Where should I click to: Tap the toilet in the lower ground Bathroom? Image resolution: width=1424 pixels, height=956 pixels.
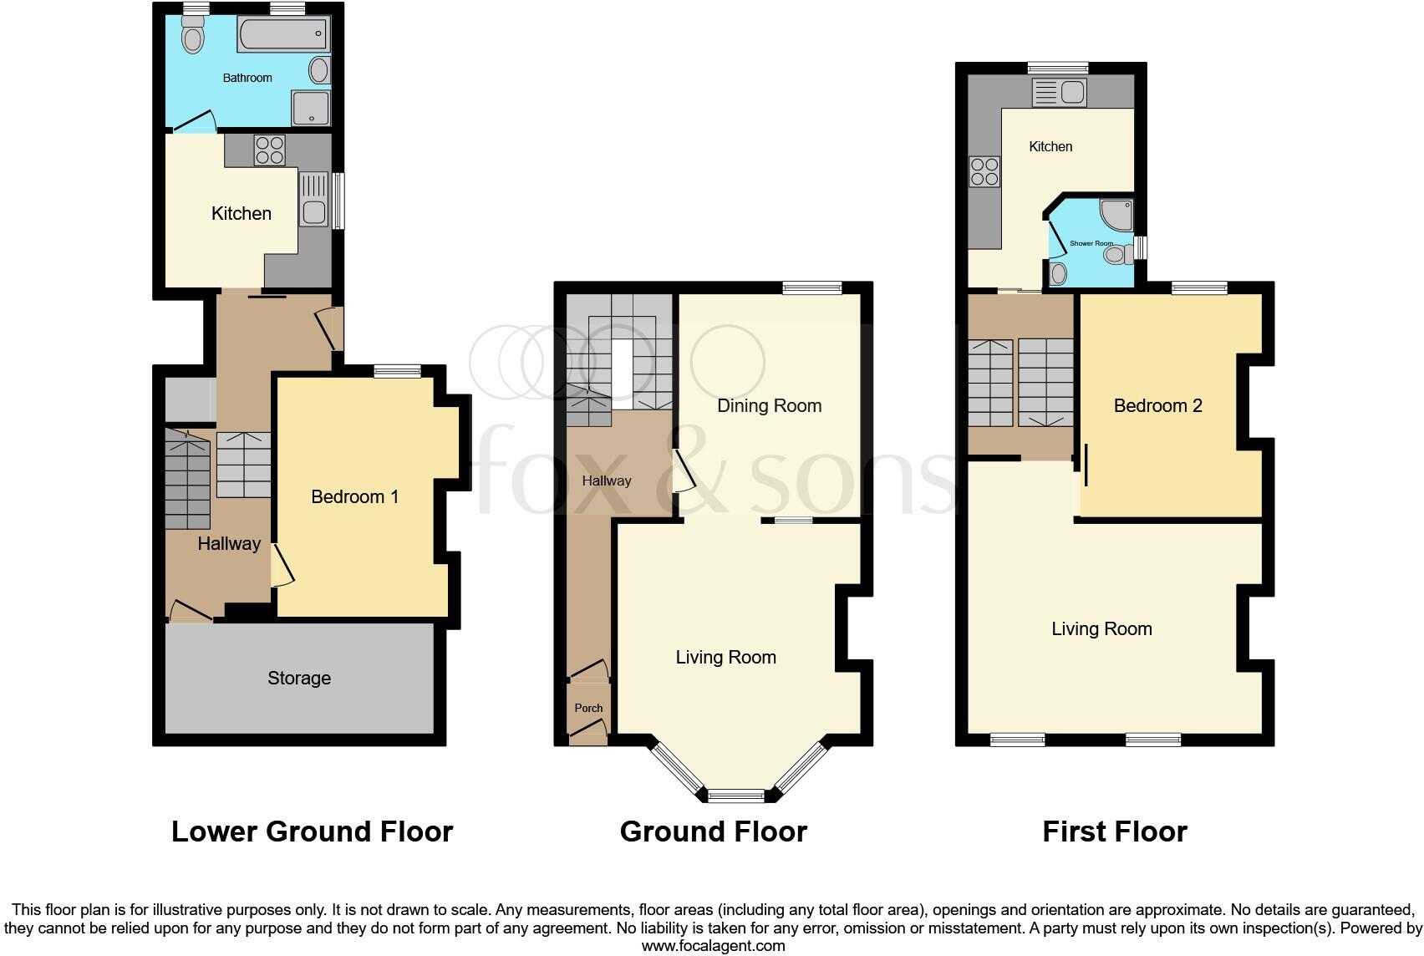[x=193, y=38]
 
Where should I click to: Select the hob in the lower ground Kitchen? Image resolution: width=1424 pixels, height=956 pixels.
[x=269, y=150]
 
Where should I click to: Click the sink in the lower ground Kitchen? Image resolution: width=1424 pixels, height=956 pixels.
[x=314, y=199]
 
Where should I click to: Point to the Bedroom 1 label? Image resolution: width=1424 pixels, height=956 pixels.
[x=354, y=497]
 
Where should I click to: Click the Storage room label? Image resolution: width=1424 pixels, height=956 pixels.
[x=299, y=678]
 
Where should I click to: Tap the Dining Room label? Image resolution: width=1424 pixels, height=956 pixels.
[x=769, y=406]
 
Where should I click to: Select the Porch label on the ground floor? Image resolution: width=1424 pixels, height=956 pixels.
[x=588, y=708]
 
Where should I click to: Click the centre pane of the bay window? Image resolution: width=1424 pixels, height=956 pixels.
[x=736, y=796]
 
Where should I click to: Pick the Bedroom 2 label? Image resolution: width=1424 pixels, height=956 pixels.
[x=1157, y=406]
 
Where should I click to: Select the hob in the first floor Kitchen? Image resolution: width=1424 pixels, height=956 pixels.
[x=984, y=171]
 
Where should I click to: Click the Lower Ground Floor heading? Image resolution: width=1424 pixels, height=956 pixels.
[x=312, y=831]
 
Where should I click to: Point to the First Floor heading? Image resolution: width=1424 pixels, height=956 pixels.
[x=1114, y=831]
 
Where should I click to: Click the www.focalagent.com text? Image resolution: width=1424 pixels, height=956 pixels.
[x=713, y=946]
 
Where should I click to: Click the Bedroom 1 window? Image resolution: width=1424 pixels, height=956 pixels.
[x=397, y=372]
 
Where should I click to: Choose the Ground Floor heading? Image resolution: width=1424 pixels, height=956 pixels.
[x=713, y=831]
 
